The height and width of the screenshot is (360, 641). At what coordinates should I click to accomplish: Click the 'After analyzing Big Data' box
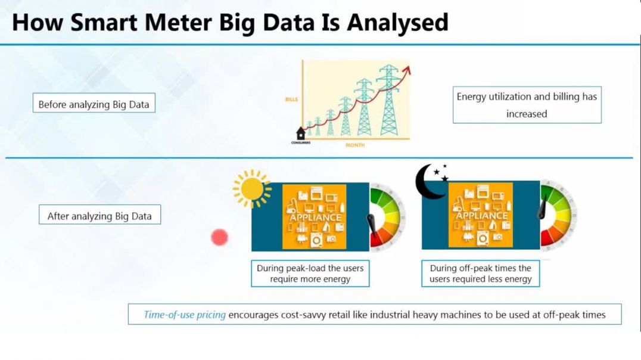tap(99, 215)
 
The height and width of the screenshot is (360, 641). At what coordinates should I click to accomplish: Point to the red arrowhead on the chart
tap(406, 71)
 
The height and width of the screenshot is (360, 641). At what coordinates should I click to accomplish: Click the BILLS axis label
tap(291, 100)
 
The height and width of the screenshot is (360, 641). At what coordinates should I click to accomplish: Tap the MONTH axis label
tap(355, 145)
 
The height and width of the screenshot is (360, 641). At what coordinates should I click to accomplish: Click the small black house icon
tap(301, 133)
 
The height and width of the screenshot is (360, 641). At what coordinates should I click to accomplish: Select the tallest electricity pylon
tap(388, 100)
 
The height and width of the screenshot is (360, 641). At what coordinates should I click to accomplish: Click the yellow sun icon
tap(252, 188)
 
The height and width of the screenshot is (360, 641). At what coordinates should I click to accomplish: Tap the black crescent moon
tap(427, 181)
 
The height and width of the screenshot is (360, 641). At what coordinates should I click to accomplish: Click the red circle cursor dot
tap(220, 237)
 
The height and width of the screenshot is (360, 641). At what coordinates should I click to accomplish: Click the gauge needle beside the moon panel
tap(544, 209)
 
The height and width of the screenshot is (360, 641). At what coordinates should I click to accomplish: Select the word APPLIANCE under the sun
tap(315, 217)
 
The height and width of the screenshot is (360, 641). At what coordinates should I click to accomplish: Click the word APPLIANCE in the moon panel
tap(481, 216)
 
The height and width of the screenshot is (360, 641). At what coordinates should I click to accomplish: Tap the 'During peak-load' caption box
tap(310, 273)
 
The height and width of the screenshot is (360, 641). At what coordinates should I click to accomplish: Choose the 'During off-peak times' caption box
tap(481, 273)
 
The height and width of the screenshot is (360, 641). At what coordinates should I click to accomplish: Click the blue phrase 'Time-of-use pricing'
tap(185, 315)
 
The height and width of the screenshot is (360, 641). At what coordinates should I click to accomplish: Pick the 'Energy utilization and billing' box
tap(527, 105)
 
